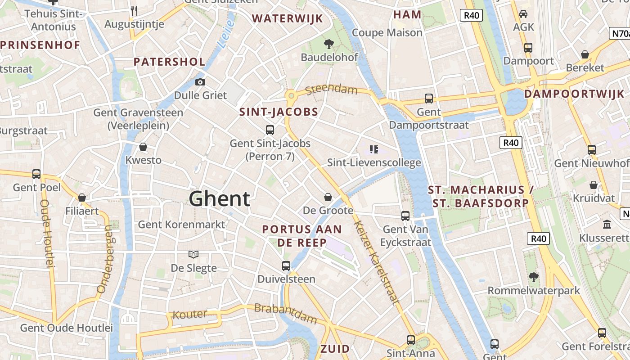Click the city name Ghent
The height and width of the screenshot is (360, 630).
coord(219,198)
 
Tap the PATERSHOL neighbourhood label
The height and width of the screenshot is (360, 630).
coord(169,62)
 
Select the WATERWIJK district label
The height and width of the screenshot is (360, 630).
coord(287,18)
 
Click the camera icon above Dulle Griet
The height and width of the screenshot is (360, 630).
coord(200,82)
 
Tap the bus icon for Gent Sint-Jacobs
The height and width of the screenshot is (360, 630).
coord(270,130)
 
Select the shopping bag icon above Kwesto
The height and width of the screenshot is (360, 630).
coord(143,147)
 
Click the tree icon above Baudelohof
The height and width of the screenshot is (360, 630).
coord(329,44)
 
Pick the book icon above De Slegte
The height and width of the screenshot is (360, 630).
coord(193,255)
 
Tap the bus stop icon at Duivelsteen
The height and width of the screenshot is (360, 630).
coord(286,265)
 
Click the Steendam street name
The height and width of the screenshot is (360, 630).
coord(331,89)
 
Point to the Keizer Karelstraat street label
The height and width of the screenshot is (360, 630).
coord(377,262)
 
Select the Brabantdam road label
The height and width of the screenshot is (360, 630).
coord(286,314)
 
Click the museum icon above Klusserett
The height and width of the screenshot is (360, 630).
coord(607,224)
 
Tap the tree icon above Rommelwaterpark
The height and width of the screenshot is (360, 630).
coord(534,277)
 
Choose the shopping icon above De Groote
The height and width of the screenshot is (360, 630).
coord(328,197)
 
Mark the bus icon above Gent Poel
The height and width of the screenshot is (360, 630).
coord(36,174)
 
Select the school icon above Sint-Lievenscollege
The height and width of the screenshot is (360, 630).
coord(373,149)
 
